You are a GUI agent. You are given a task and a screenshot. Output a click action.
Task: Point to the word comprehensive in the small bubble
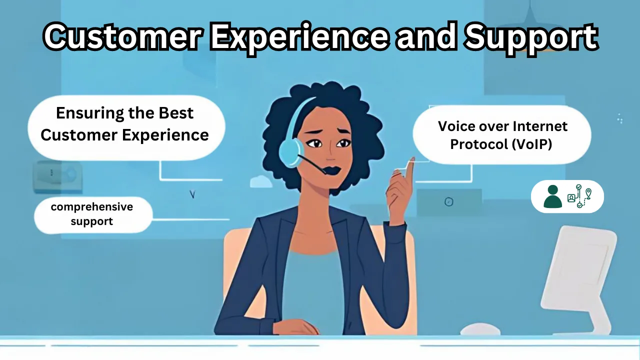pos(91,206)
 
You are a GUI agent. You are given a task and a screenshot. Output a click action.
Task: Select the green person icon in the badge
pos(552,196)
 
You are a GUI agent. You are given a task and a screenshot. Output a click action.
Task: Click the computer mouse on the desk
pos(479,329)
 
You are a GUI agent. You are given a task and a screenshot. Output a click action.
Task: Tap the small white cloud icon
pos(261,181)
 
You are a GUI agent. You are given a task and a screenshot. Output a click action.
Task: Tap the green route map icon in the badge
pos(580,196)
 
